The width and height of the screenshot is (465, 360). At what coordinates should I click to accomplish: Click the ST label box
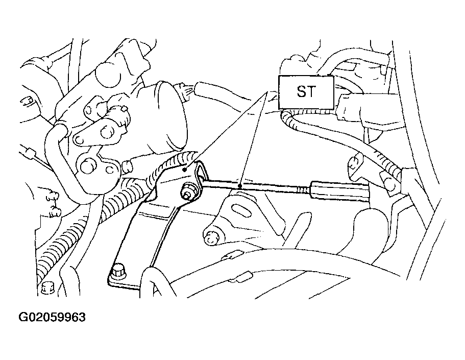tap(306, 92)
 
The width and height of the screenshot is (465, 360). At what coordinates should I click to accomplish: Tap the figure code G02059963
tap(52, 317)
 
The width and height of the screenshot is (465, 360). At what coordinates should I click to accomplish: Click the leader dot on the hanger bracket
tap(184, 170)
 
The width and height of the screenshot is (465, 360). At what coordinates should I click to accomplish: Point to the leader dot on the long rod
tap(239, 186)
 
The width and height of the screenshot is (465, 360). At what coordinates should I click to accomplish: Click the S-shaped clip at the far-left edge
tap(27, 103)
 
